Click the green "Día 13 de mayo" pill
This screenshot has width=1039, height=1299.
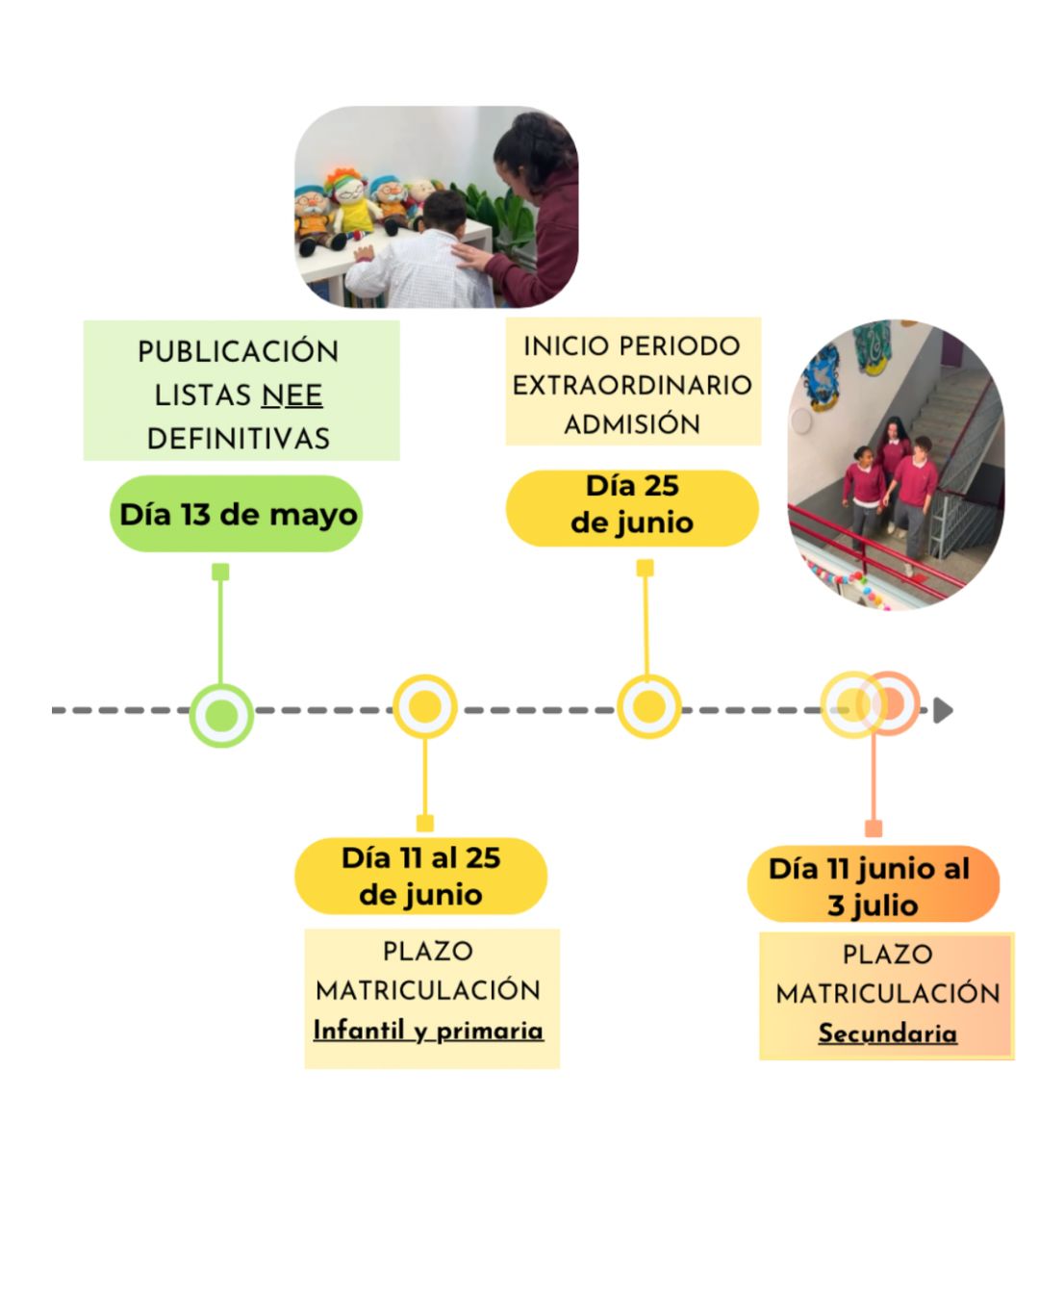coord(236,514)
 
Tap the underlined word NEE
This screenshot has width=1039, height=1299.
coord(291,395)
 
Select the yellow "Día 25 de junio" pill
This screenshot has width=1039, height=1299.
coord(632,506)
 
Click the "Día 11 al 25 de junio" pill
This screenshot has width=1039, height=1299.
coord(420,876)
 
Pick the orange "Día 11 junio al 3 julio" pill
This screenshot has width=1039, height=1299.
coord(873,885)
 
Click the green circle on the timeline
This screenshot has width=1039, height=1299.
coord(221,715)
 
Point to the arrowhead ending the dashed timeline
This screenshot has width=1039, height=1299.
coord(943,710)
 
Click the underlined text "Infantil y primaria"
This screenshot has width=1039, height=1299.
coord(428,1031)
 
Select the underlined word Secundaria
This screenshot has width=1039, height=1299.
coord(887,1033)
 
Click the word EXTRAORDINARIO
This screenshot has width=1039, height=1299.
coord(632,385)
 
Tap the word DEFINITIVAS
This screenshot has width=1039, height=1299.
coord(239,439)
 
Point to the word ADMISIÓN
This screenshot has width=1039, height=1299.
coord(632,424)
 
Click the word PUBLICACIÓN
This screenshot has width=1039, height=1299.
coord(239,352)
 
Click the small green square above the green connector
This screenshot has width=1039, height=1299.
coord(220,573)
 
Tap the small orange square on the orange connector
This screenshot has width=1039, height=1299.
coord(874,828)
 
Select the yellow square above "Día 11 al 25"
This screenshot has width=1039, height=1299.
coord(424,823)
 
